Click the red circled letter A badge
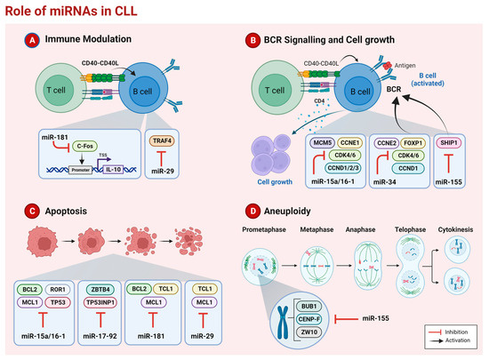point(30,41)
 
